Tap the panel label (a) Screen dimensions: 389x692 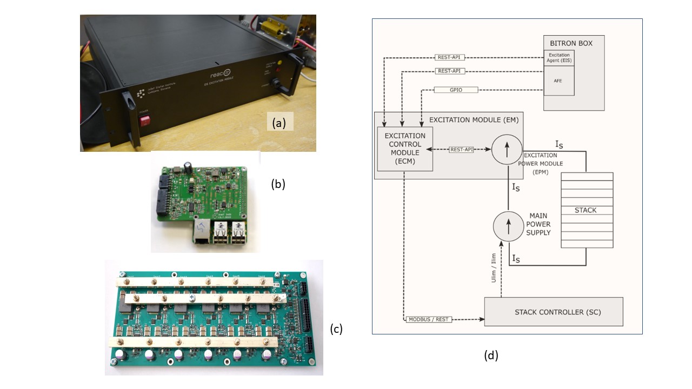point(279,123)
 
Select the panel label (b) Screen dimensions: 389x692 point(278,184)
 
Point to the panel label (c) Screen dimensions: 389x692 point(336,328)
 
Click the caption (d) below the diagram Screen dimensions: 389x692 point(491,356)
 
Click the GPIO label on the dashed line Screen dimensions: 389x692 point(456,90)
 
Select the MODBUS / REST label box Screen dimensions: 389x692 point(427,319)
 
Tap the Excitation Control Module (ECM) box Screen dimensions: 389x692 point(405,149)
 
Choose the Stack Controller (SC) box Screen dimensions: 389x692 point(553,312)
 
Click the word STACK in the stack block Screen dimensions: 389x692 point(586,210)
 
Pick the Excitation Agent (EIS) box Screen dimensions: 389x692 point(558,58)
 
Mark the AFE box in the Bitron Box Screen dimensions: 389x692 point(558,81)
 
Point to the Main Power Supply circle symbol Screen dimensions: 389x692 point(508,226)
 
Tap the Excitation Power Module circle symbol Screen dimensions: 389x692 point(507,149)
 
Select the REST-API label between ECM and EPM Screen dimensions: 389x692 point(462,149)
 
